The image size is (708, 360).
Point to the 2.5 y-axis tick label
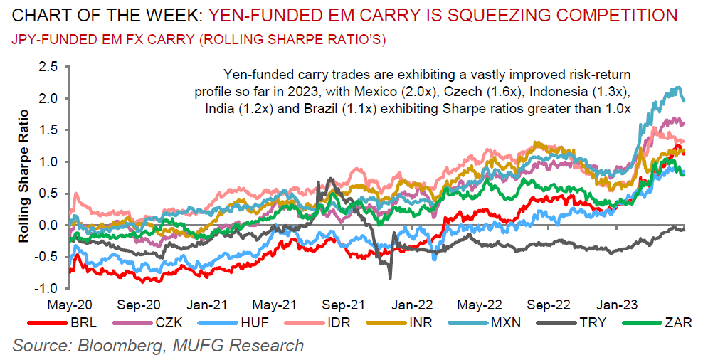click(48, 67)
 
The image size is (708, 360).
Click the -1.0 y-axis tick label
click(46, 288)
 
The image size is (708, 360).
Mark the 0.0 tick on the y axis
click(48, 225)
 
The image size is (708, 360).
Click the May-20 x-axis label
click(70, 304)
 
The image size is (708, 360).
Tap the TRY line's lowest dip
click(390, 277)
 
